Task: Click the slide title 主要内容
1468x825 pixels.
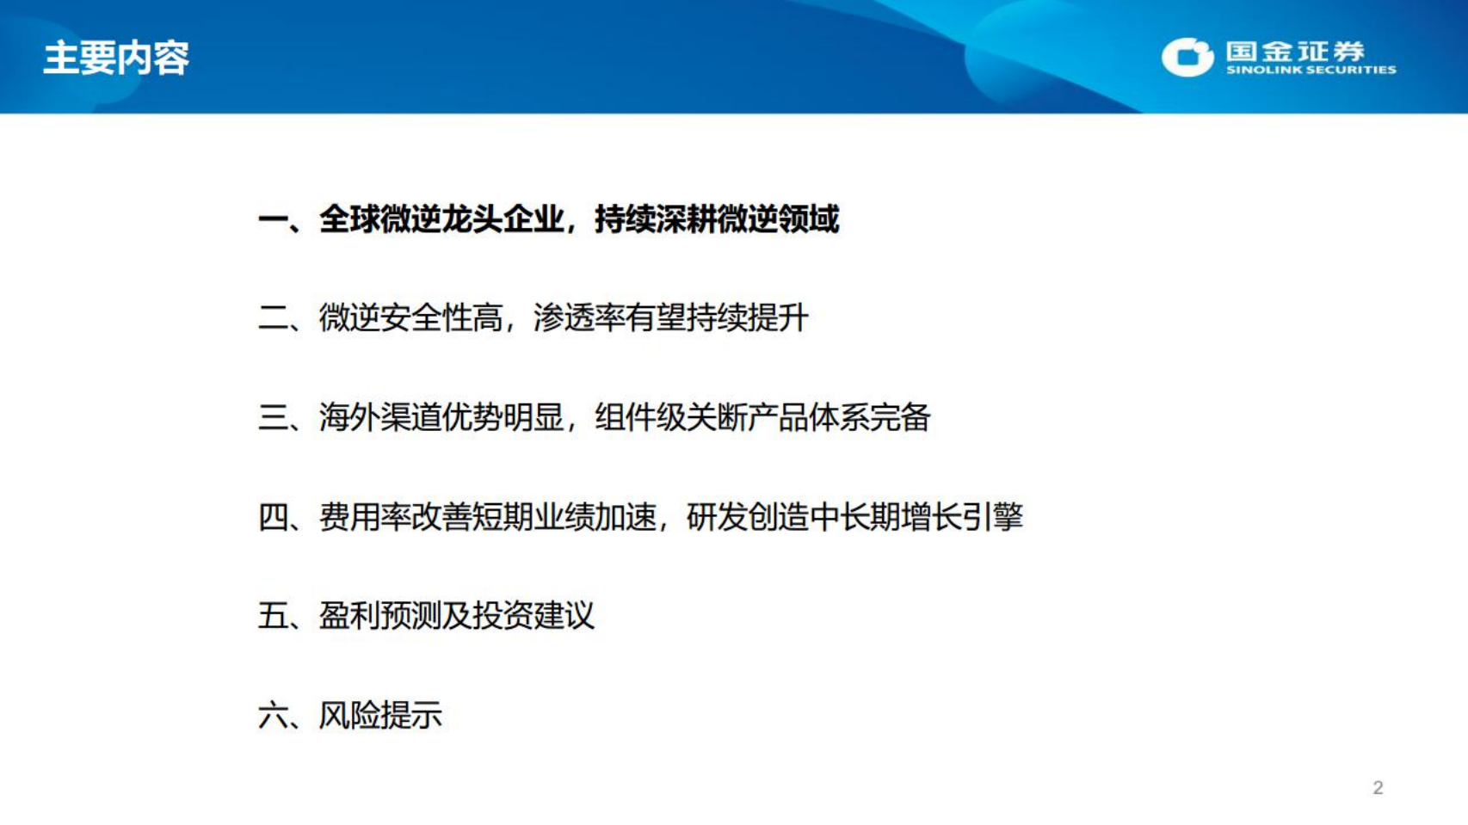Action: click(116, 58)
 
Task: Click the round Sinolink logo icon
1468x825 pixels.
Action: click(1187, 57)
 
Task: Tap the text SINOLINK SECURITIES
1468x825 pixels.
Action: click(1311, 71)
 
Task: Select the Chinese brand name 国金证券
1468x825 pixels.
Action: click(1295, 51)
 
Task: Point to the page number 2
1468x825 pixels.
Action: click(1378, 788)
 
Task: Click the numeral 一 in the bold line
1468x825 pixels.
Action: click(274, 220)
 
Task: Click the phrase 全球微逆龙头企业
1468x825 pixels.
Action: click(441, 219)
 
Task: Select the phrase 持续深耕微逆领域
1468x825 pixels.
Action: click(716, 219)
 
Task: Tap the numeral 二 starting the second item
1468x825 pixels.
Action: click(274, 318)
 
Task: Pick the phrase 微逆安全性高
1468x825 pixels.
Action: click(410, 318)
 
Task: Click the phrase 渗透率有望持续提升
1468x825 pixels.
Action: click(671, 318)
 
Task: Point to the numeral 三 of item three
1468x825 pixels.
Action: click(274, 418)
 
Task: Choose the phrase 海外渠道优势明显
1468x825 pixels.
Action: click(441, 418)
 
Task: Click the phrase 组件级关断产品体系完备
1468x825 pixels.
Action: click(762, 418)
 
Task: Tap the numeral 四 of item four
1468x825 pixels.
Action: click(274, 517)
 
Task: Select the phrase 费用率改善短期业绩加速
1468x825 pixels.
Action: click(487, 517)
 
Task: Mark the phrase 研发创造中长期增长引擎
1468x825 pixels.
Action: click(854, 517)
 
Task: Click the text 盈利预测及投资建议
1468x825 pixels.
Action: click(456, 616)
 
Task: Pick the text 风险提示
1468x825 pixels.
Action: click(380, 715)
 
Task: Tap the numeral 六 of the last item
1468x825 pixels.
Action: click(274, 715)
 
